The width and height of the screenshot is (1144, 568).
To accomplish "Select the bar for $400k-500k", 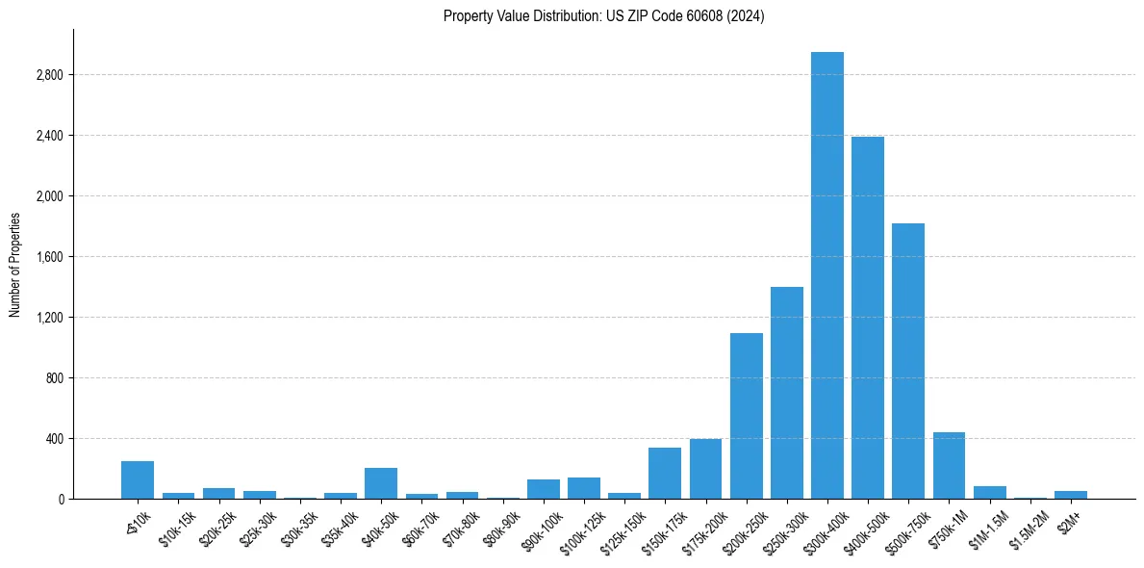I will [867, 318].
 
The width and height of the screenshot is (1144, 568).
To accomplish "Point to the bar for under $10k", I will [138, 480].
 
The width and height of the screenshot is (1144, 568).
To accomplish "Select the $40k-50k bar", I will [381, 483].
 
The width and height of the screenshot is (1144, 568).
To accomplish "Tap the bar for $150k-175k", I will [665, 474].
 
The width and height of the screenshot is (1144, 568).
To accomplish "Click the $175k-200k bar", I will [705, 469].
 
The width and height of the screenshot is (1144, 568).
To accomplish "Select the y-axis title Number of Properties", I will [15, 265].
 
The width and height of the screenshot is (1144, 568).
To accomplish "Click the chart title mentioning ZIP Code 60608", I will [603, 16].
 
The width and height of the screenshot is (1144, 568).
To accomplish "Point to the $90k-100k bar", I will [543, 489].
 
